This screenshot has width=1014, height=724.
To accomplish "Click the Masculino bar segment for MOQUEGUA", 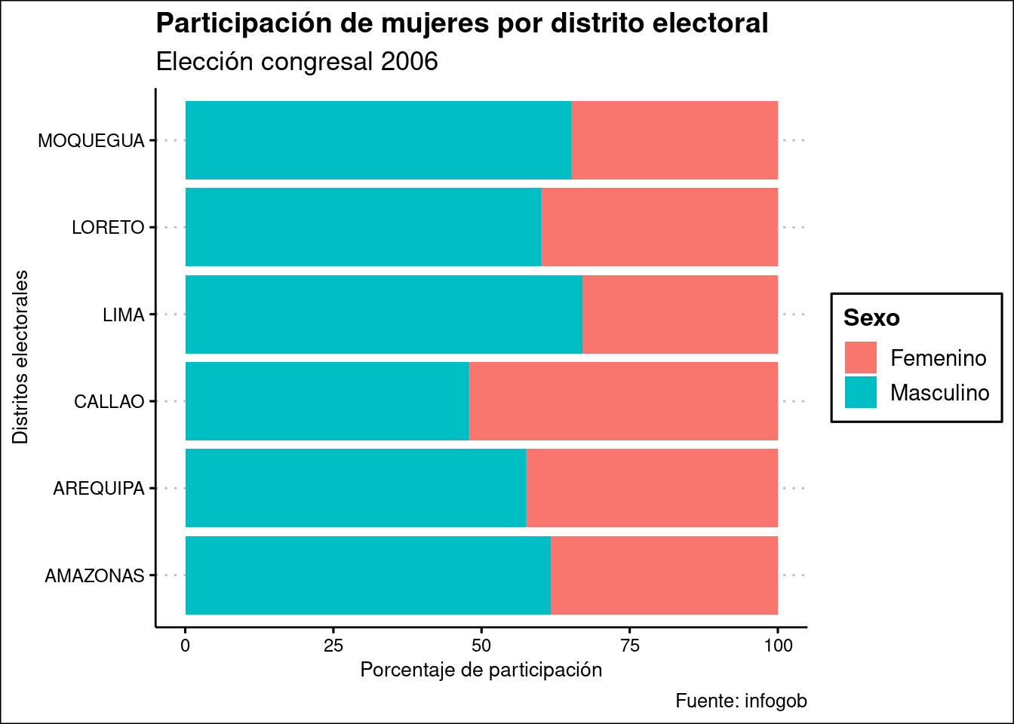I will pyautogui.click(x=378, y=140).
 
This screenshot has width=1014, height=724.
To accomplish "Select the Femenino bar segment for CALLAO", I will pyautogui.click(x=623, y=401).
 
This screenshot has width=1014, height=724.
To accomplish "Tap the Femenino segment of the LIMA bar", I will pyautogui.click(x=680, y=314).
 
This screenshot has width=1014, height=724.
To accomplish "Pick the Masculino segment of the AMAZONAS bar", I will pyautogui.click(x=367, y=575).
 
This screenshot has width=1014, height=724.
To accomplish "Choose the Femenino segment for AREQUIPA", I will pyautogui.click(x=652, y=488).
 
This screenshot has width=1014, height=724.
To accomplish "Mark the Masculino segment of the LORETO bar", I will pyautogui.click(x=363, y=227).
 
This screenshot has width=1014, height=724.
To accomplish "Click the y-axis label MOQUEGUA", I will pyautogui.click(x=91, y=141).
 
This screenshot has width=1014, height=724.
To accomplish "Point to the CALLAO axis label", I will pyautogui.click(x=109, y=401).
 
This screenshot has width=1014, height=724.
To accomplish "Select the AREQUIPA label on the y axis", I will pyautogui.click(x=99, y=489).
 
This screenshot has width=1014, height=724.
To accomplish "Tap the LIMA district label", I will pyautogui.click(x=124, y=314).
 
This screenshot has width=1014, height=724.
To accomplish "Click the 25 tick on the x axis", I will pyautogui.click(x=333, y=646).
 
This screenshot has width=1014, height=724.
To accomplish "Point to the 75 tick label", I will pyautogui.click(x=629, y=646).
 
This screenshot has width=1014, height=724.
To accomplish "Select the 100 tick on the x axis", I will pyautogui.click(x=778, y=646).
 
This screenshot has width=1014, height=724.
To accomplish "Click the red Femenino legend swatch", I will pyautogui.click(x=861, y=357).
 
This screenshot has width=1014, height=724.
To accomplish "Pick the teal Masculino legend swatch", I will pyautogui.click(x=861, y=392).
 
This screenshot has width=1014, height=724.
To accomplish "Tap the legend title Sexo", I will pyautogui.click(x=871, y=318).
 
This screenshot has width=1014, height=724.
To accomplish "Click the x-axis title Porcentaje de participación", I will pyautogui.click(x=481, y=670).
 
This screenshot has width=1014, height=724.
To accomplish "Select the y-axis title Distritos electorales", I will pyautogui.click(x=20, y=357).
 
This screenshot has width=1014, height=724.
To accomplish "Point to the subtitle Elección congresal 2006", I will pyautogui.click(x=297, y=62).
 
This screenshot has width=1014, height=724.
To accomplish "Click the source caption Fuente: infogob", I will pyautogui.click(x=741, y=701).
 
